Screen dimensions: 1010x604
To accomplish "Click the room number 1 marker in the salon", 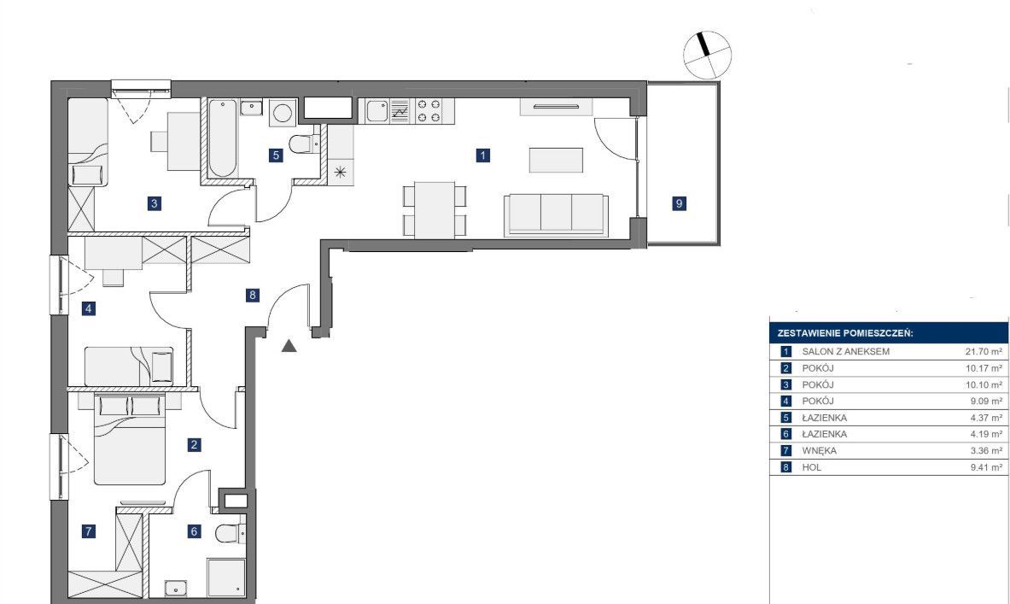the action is [483, 155].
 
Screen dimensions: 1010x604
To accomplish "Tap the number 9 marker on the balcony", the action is [679, 203].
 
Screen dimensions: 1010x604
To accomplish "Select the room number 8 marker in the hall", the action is [253, 296].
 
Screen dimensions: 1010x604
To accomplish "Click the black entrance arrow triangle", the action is [289, 346].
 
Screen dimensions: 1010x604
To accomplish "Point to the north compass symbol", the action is [707, 55].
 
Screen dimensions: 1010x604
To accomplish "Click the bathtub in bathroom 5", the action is [222, 138].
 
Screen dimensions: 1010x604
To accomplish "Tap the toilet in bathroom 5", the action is [304, 143].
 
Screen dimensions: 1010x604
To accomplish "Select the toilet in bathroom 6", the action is [230, 533].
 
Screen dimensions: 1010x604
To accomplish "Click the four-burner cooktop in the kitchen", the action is [429, 110].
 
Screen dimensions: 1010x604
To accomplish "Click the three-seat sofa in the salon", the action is [556, 214].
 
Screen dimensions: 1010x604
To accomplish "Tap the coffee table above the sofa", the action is [556, 160].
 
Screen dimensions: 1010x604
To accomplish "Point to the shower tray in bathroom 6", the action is [226, 578].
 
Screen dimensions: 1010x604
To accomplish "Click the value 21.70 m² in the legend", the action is [984, 351].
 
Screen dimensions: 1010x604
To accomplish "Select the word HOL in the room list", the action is [812, 467].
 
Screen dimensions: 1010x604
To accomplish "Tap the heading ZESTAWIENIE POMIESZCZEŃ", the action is [845, 333].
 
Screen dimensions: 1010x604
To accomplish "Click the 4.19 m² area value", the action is [986, 434].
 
